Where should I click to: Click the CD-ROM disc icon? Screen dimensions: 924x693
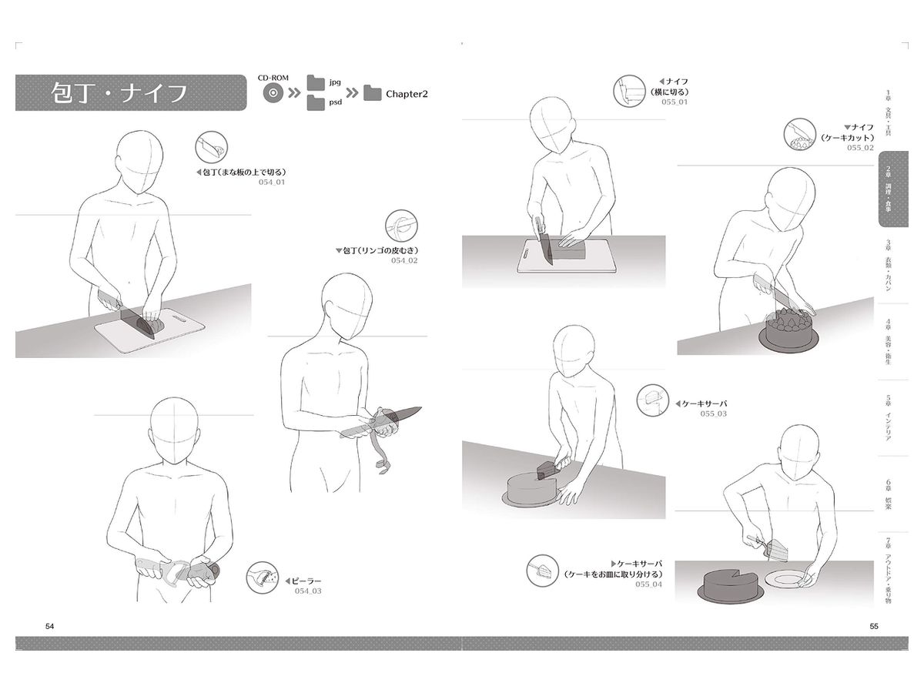point(273,93)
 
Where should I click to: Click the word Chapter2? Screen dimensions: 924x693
point(407,94)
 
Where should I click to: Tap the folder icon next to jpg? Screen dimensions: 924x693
point(316,82)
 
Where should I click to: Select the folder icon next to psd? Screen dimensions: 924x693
point(316,103)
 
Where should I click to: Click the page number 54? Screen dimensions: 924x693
point(50,626)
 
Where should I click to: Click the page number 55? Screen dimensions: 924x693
point(874,626)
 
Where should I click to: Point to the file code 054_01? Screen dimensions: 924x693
point(272,182)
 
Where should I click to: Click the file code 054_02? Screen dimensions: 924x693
point(404,260)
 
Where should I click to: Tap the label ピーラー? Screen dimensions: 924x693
point(306,581)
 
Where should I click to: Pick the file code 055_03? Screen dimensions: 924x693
point(714,413)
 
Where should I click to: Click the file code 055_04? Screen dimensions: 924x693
point(648,584)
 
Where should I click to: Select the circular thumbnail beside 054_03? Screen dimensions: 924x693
point(263,577)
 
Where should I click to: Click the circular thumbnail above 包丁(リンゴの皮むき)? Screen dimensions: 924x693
point(402,226)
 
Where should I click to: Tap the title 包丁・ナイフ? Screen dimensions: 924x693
point(119,93)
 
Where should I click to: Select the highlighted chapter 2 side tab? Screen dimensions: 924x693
point(893,189)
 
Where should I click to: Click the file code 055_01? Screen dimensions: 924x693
point(675,102)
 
